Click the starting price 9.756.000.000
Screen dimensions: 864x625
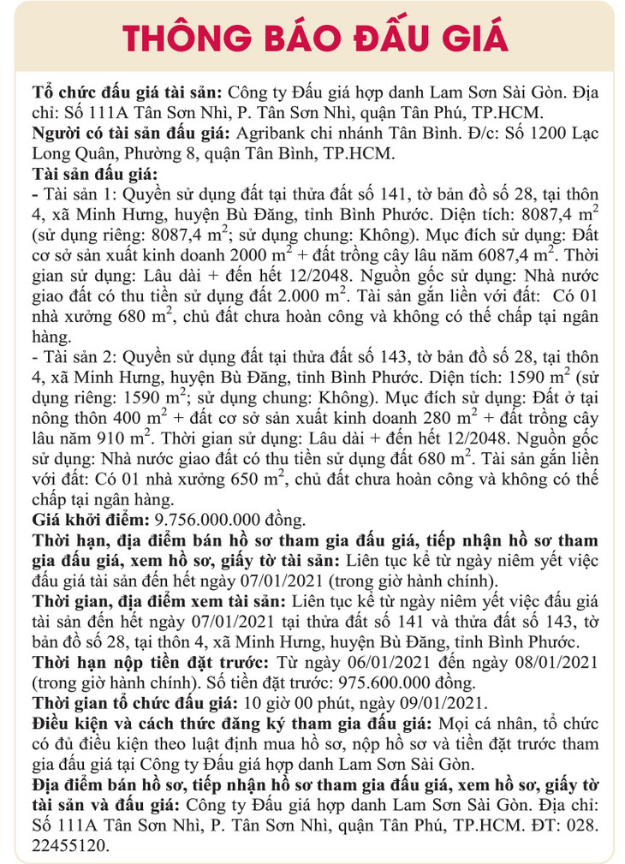pyautogui.click(x=215, y=519)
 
